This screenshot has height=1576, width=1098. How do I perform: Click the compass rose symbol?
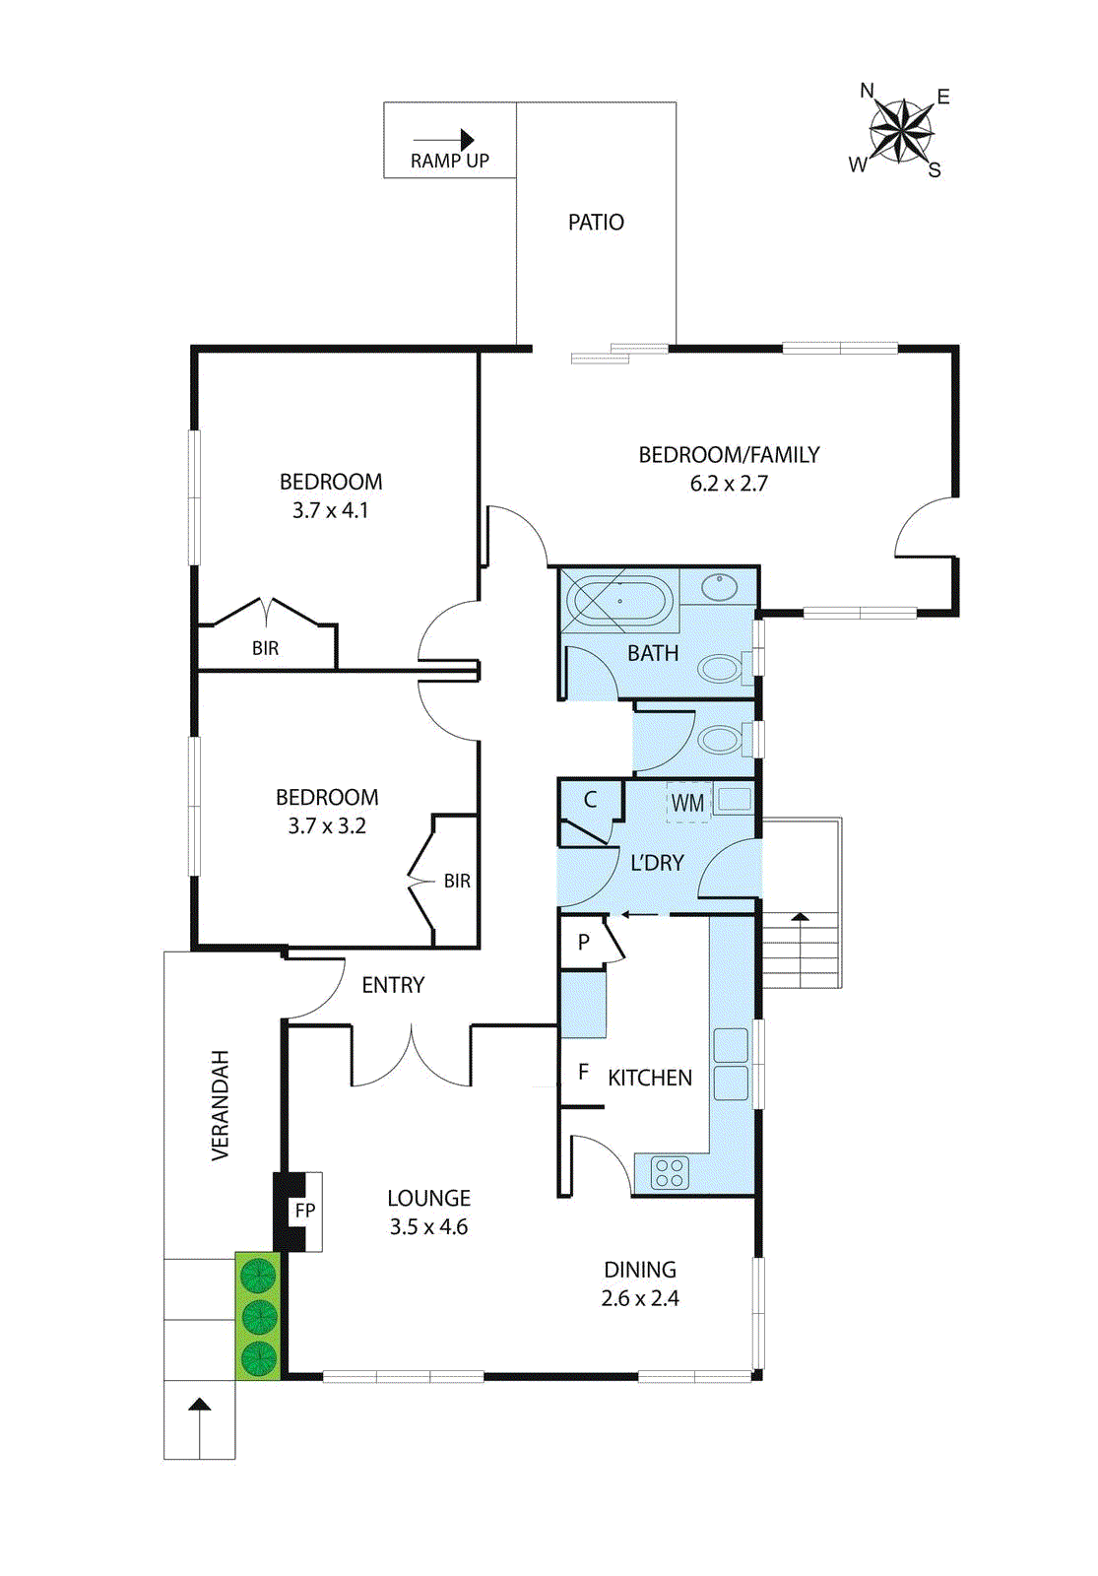[x=900, y=131]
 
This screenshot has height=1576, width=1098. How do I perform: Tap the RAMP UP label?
[x=449, y=161]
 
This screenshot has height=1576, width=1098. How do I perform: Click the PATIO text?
[x=596, y=223]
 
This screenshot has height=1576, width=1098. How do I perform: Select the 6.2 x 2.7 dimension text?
[x=729, y=484]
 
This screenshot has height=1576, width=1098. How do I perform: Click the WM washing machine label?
[x=687, y=803]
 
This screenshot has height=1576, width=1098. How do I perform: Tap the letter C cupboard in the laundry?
[x=590, y=800]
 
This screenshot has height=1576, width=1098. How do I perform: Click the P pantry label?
[x=584, y=943]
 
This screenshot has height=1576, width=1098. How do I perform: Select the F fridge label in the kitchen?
[x=583, y=1072]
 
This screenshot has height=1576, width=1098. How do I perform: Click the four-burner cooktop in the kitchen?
[x=670, y=1173]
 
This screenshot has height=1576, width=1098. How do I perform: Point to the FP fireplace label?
[x=305, y=1211]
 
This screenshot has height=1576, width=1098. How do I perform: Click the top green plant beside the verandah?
[x=258, y=1275]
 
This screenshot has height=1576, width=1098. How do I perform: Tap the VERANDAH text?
[x=221, y=1105]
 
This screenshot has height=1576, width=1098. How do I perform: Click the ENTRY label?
[x=393, y=985]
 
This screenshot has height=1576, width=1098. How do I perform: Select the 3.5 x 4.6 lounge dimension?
[x=428, y=1227]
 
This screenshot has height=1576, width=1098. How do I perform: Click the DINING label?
[x=640, y=1270]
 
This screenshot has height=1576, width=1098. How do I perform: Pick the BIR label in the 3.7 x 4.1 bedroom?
[x=265, y=648]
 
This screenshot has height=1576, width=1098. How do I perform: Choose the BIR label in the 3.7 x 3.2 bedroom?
[x=457, y=881]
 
